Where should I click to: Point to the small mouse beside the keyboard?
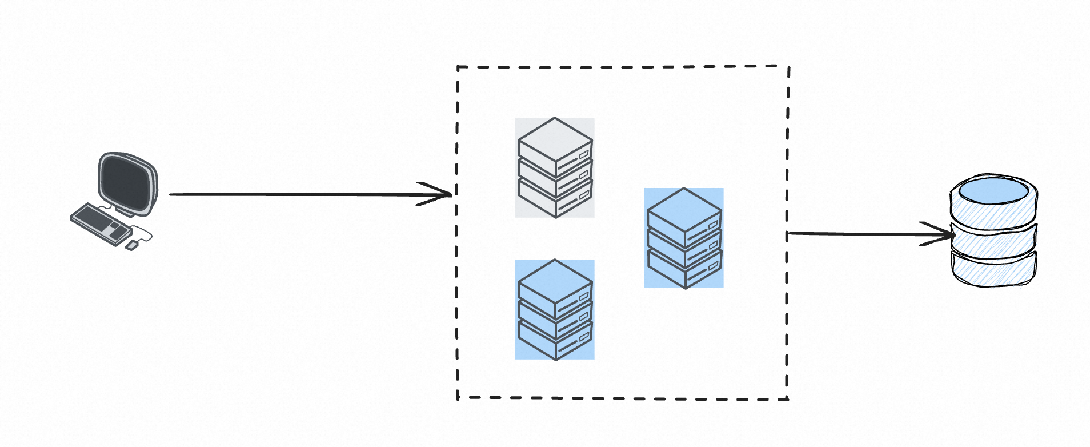point(131,245)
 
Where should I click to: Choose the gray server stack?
point(555,167)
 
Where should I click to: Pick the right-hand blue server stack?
point(684,238)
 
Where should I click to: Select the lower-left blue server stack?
point(555,309)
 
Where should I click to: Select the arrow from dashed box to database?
point(857,234)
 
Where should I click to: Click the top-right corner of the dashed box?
point(789,66)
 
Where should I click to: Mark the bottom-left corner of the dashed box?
point(458,397)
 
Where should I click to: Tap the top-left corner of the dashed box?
point(458,67)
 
